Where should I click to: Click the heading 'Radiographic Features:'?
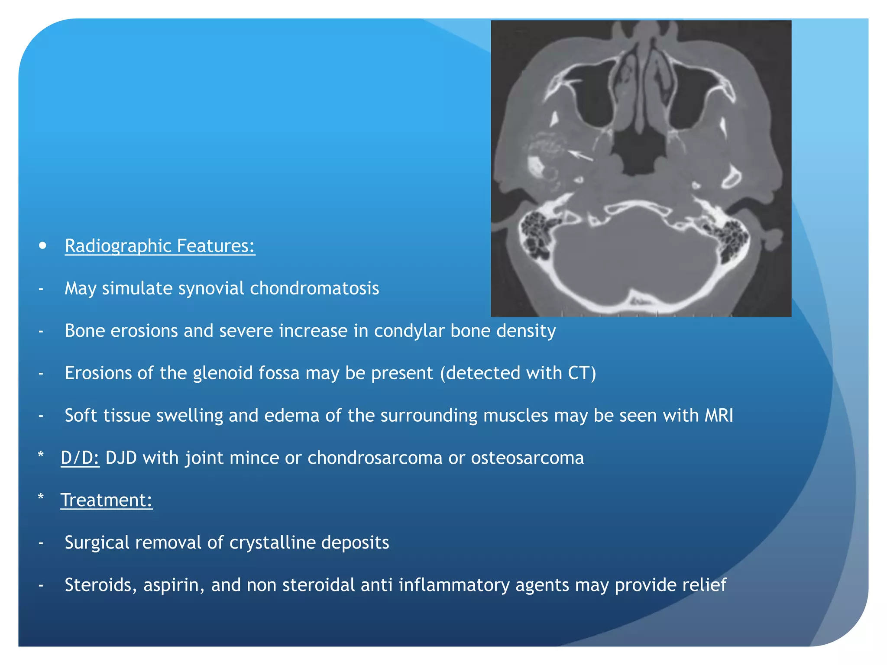[160, 246]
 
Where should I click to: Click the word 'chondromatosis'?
[314, 288]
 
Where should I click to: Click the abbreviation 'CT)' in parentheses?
[582, 373]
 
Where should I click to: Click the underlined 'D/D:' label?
[80, 458]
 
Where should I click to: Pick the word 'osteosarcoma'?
[527, 458]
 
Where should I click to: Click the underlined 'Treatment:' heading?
[107, 500]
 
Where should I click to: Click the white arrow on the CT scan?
[580, 155]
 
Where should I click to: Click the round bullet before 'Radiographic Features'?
[42, 246]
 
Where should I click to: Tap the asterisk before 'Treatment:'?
[41, 497]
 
